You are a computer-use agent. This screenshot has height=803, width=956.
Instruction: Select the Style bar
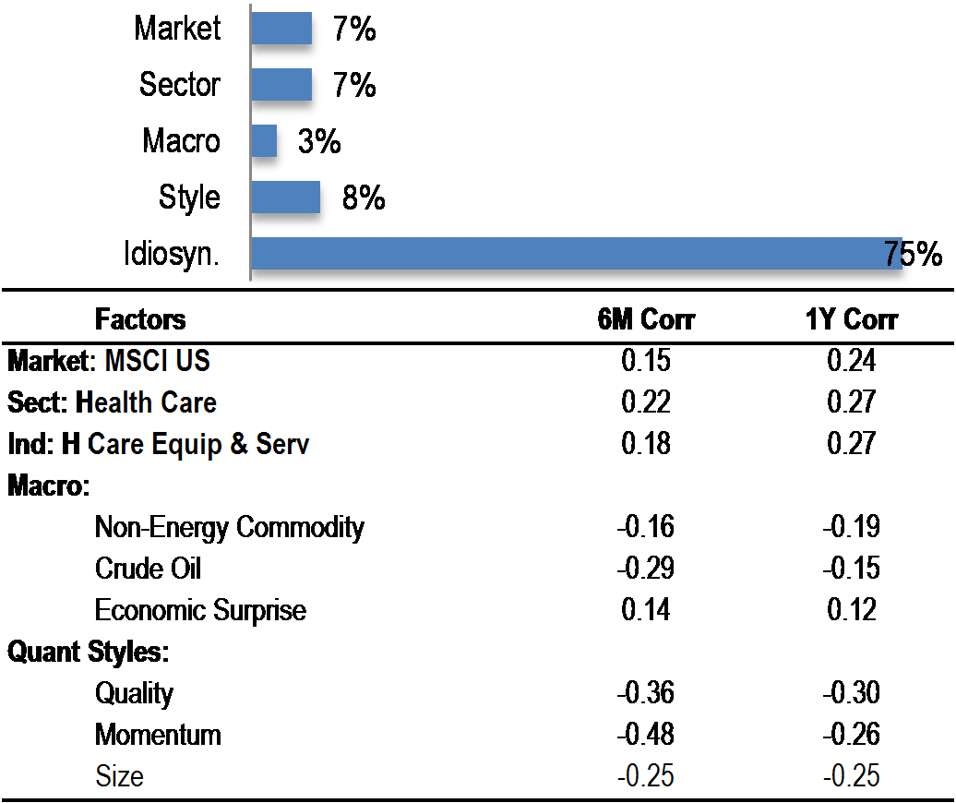click(285, 198)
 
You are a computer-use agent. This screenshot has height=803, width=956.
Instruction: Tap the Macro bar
click(264, 141)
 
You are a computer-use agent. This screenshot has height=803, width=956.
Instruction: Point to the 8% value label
click(363, 198)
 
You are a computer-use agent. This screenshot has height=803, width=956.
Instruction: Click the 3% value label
click(318, 141)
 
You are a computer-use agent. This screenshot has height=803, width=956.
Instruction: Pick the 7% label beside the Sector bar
click(353, 85)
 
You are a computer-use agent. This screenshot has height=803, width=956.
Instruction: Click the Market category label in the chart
click(177, 28)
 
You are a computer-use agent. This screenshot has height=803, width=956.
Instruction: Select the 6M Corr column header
click(645, 319)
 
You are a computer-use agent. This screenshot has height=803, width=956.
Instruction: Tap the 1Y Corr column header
click(851, 319)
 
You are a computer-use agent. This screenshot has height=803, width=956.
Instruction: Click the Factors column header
click(140, 319)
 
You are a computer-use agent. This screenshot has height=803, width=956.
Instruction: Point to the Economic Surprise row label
click(200, 610)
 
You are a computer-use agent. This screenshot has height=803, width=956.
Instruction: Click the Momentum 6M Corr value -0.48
click(645, 735)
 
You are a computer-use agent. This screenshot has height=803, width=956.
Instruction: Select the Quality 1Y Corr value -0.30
click(851, 693)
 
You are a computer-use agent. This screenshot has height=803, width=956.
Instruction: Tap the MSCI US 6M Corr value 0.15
click(646, 360)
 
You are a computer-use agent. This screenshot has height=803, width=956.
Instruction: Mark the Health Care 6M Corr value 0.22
click(646, 401)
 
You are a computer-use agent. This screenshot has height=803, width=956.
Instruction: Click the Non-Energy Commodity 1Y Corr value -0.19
click(851, 527)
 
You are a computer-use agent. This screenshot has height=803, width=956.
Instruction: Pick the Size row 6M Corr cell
click(645, 776)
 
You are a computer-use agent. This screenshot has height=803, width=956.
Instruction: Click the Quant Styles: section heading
click(88, 652)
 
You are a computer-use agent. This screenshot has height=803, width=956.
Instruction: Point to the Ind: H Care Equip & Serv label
click(158, 444)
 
